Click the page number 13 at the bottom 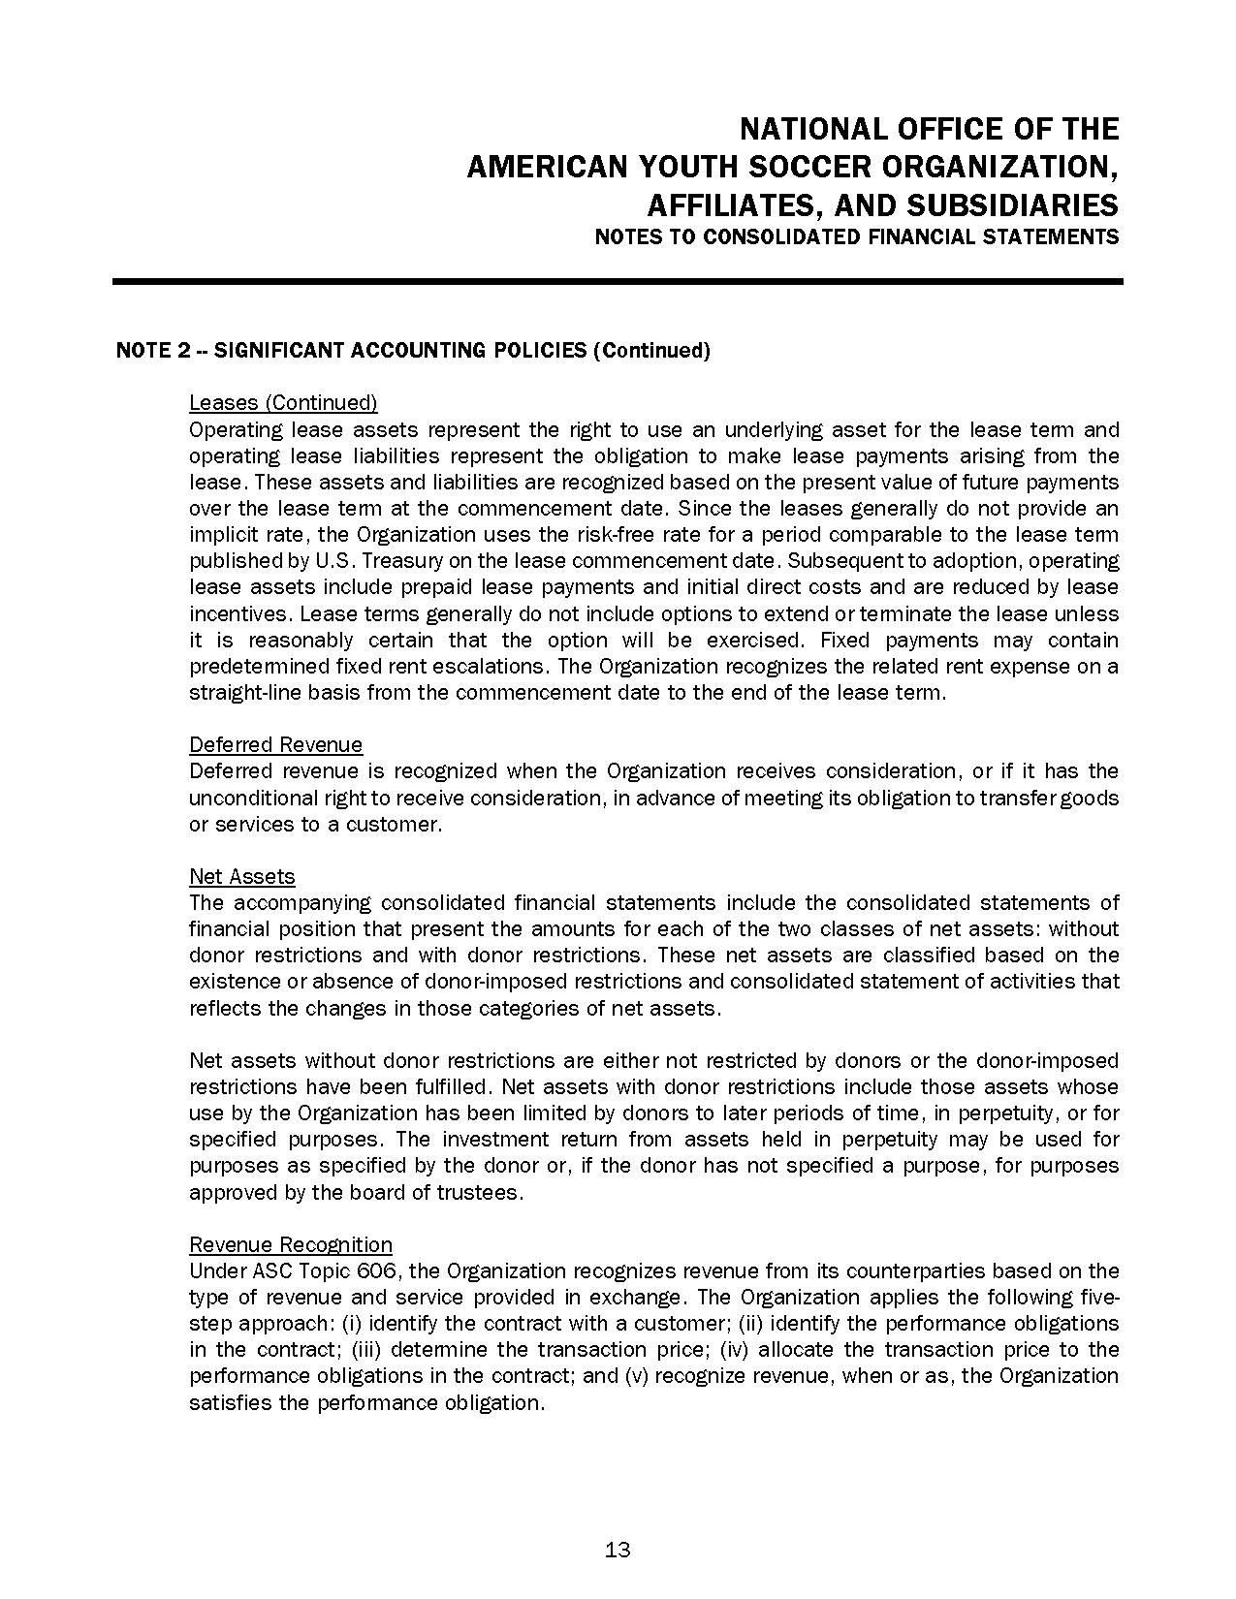[618, 1550]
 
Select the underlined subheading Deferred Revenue [275, 745]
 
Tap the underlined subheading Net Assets [241, 877]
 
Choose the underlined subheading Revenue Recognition [290, 1245]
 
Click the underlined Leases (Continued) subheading [283, 403]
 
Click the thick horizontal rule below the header [618, 282]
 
